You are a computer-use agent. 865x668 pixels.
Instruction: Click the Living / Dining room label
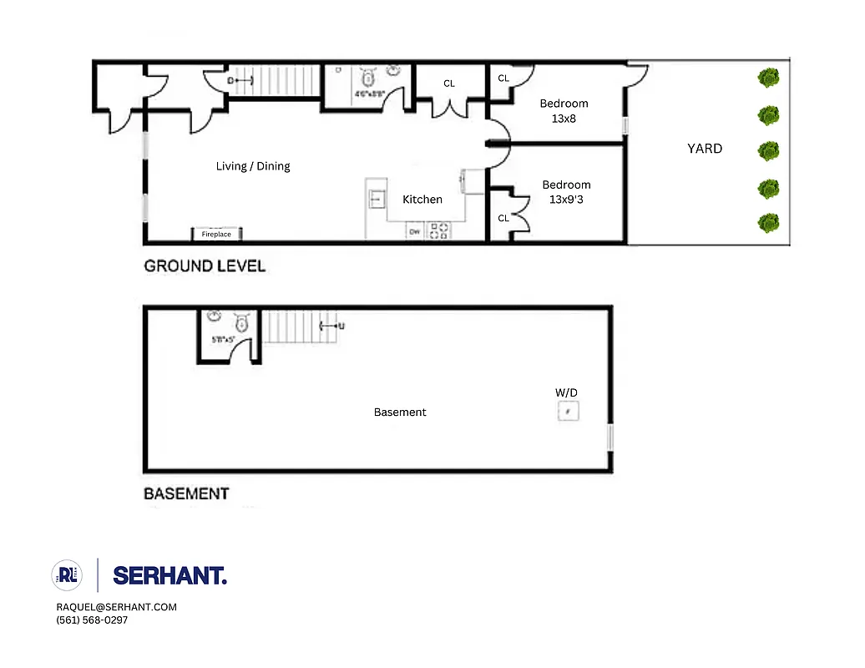252,166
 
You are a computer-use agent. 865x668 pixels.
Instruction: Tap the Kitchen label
422,200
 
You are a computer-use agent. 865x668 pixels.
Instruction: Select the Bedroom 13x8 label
564,111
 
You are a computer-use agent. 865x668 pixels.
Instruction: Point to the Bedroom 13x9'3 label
566,192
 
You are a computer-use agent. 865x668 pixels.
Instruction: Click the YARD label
704,149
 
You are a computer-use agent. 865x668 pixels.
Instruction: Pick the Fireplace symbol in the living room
216,235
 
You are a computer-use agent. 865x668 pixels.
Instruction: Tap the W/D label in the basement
566,392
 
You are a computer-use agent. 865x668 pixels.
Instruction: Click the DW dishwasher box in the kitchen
414,232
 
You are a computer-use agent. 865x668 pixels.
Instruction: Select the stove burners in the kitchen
438,231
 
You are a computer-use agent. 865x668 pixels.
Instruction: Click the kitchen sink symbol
377,199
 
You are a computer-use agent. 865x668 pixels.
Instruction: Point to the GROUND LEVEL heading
205,266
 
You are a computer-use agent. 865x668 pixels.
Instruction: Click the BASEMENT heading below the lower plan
186,493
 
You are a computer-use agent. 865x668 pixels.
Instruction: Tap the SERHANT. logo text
169,575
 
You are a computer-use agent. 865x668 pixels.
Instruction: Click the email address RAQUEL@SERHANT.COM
116,607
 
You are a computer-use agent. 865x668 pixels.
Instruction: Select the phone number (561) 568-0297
92,620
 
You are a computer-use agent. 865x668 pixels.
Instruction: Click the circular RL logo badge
67,574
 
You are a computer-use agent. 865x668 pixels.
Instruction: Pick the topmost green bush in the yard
768,79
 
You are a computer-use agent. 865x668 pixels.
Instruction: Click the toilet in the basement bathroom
241,322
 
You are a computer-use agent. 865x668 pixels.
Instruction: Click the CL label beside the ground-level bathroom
449,83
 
